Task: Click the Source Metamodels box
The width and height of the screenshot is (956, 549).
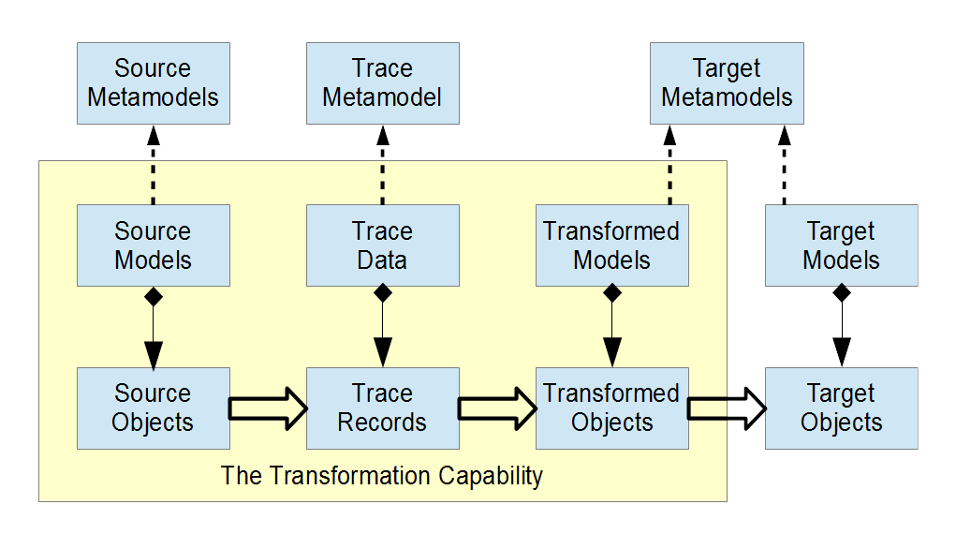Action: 153,83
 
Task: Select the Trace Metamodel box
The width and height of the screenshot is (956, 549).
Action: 383,83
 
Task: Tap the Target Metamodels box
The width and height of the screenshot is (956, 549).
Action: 727,83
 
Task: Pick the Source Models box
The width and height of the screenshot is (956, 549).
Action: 153,245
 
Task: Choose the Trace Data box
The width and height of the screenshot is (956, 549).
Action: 383,245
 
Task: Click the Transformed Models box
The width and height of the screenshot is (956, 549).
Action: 612,245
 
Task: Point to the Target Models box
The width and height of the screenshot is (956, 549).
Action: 842,245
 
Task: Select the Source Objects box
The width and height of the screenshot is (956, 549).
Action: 153,408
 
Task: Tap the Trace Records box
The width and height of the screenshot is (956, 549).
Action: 383,408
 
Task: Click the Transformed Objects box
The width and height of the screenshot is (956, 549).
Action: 612,408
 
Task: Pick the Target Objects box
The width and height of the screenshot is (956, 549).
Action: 842,408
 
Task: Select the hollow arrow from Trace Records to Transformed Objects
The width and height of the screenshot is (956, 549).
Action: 497,408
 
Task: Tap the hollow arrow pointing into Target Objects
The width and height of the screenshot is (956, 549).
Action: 727,408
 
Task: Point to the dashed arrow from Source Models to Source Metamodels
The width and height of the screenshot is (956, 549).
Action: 153,165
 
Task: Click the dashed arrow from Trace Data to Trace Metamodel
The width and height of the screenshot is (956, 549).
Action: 383,165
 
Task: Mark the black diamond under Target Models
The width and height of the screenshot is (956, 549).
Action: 842,293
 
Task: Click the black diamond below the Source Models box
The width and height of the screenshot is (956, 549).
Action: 153,297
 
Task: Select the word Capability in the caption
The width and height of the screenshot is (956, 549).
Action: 491,477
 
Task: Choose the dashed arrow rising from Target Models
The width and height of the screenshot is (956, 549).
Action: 785,165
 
